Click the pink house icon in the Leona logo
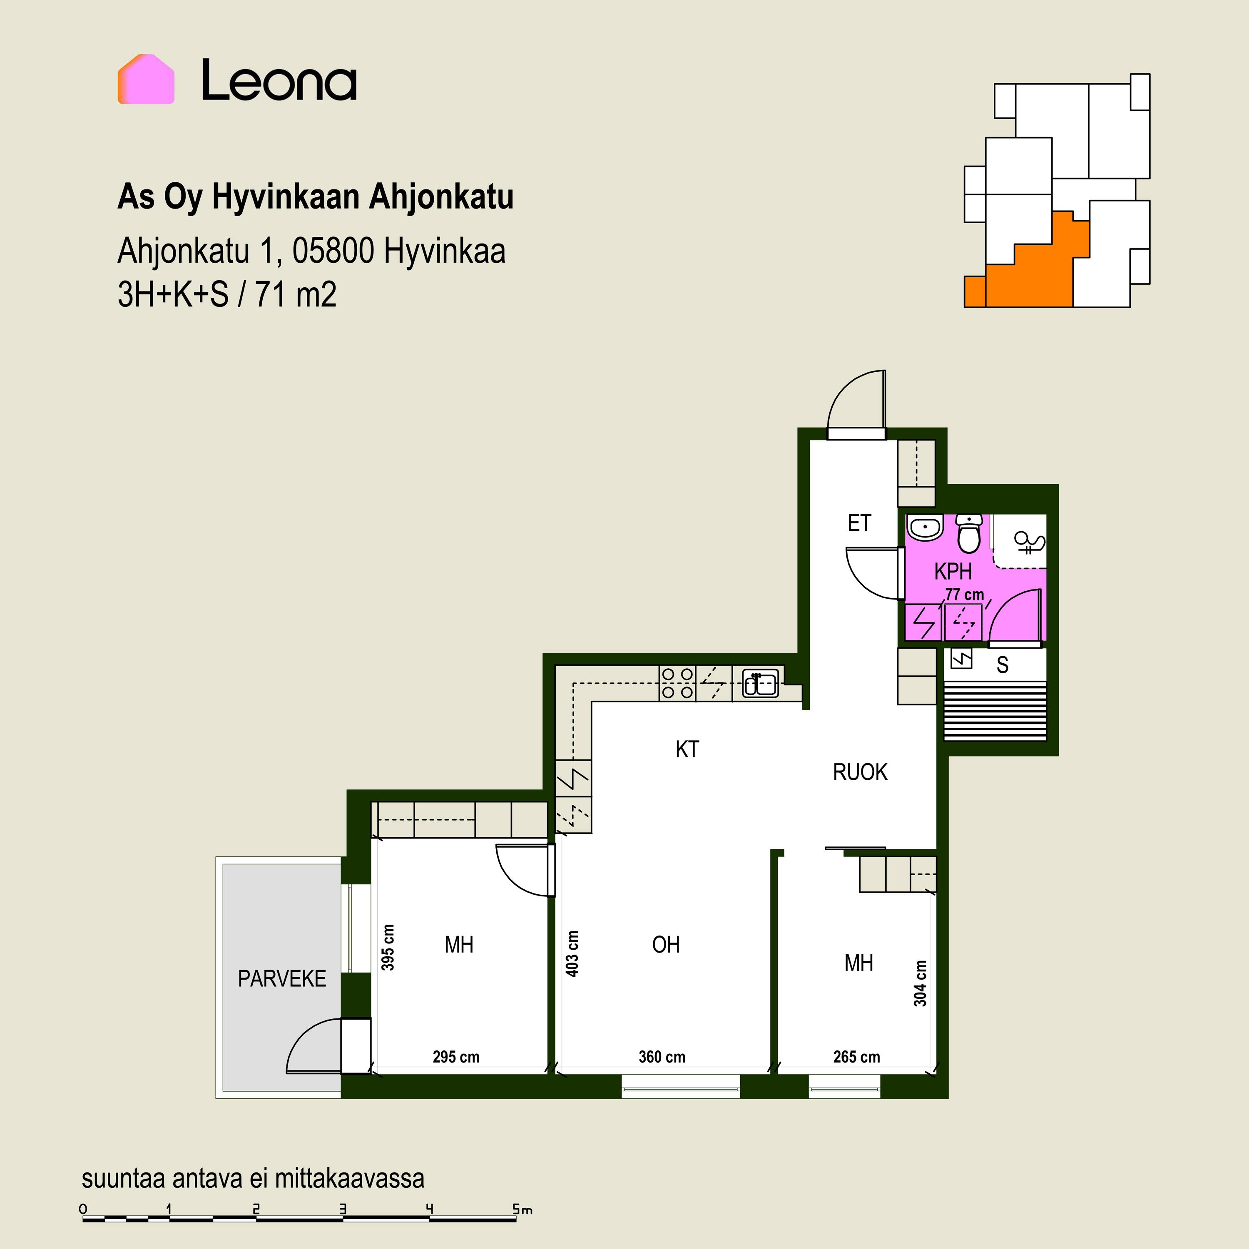click(x=146, y=79)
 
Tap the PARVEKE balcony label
click(x=282, y=979)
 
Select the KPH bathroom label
click(x=953, y=572)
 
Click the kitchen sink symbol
click(x=760, y=683)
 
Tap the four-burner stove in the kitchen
click(x=677, y=683)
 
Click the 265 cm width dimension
click(x=856, y=1057)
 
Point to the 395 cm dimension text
click(x=387, y=948)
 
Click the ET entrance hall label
click(x=859, y=523)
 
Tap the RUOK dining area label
click(x=860, y=772)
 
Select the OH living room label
click(x=666, y=945)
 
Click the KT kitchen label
click(x=687, y=749)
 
